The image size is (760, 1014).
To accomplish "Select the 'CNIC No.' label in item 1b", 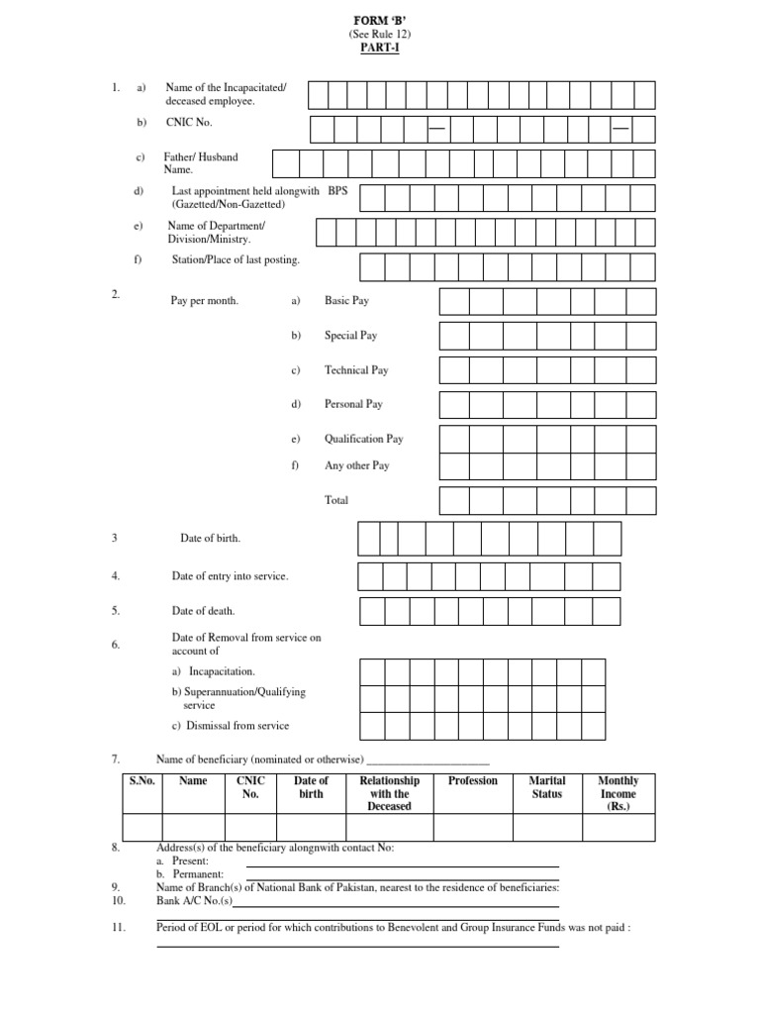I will pos(188,123).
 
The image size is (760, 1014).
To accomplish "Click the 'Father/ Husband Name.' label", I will pos(201,163).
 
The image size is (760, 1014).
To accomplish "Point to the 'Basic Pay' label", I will pos(346,300).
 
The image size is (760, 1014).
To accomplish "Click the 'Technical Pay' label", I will pos(356,370).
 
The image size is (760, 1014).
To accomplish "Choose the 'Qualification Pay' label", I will pos(363,439).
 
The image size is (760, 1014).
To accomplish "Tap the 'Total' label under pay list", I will pos(336,500).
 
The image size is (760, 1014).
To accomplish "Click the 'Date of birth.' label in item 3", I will pos(210,538).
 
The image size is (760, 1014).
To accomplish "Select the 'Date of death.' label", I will pos(204,612).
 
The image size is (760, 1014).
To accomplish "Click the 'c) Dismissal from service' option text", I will pos(230,726).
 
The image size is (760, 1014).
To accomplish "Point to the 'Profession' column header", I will pos(473,781).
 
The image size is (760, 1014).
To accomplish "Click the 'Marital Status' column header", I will pos(547,787).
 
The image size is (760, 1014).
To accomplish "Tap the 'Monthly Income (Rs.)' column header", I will pos(618,793).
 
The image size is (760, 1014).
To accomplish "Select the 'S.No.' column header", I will pos(142,781).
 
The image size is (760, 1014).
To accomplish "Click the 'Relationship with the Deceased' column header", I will pos(389,793).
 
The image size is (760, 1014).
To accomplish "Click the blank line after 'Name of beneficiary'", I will pos(427,760).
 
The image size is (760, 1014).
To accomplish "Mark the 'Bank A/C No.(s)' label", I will pos(194,901).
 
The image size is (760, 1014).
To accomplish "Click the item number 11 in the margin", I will pos(118,928).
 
